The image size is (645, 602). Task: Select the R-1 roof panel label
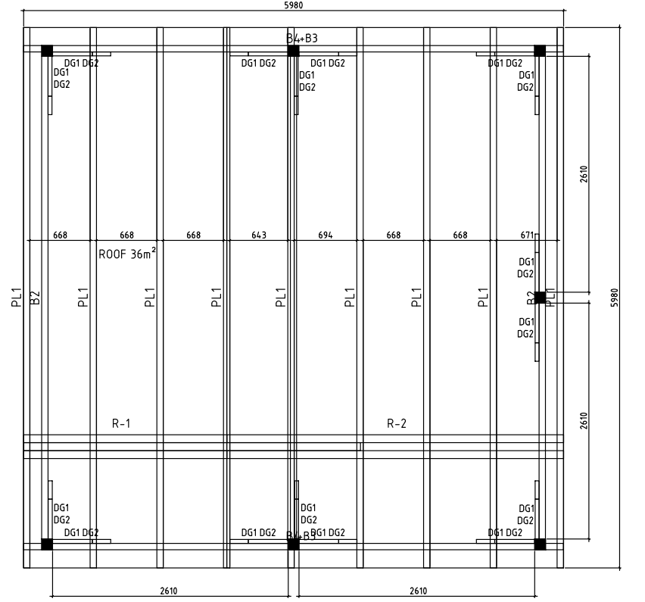(122, 423)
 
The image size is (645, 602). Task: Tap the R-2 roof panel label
(397, 423)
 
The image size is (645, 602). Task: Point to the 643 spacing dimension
(259, 235)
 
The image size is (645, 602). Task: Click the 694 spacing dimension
(326, 235)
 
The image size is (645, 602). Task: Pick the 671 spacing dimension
(527, 235)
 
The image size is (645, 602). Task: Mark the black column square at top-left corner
(47, 51)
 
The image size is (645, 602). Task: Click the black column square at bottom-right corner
(540, 544)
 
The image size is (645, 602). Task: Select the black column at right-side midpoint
(540, 298)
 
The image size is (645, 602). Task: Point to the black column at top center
(294, 51)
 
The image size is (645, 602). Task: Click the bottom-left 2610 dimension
(170, 591)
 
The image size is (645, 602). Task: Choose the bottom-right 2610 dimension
(418, 591)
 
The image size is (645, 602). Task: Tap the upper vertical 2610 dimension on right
(584, 174)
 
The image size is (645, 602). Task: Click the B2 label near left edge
(35, 298)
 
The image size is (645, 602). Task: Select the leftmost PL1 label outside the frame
(14, 298)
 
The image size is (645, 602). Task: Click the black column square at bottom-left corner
(47, 544)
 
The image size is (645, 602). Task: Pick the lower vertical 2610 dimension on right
(584, 421)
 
